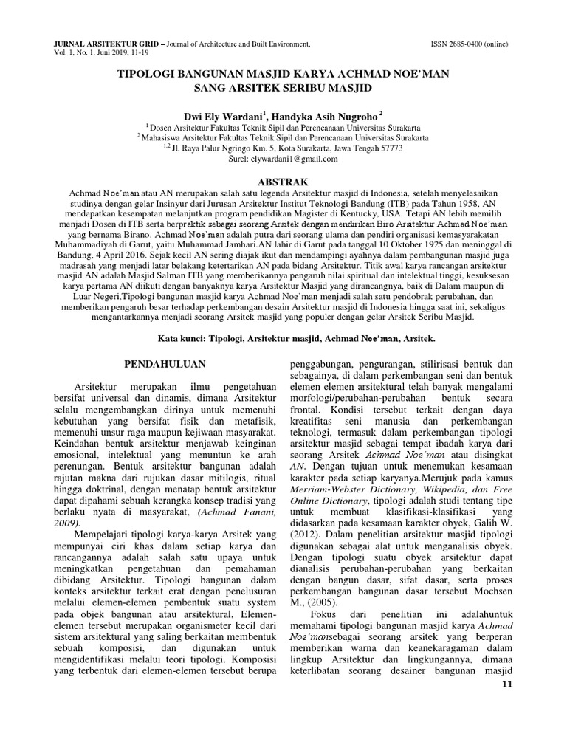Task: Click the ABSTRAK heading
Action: coord(283,182)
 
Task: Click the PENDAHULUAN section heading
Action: coord(164,364)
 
